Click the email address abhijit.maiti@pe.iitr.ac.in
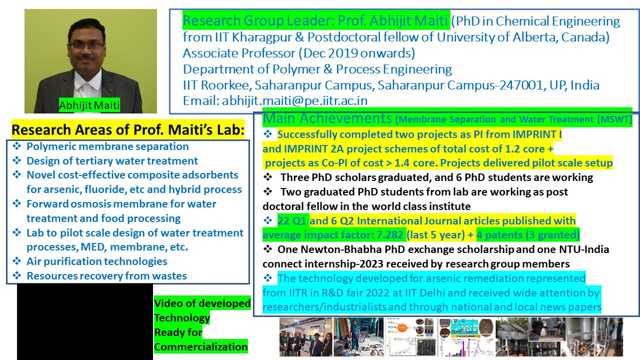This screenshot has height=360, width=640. coord(295,100)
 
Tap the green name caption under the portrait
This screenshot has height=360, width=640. coord(89,105)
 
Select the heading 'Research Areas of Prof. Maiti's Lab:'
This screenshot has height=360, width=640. coord(128,129)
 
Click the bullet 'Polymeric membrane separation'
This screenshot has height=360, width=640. coord(107,146)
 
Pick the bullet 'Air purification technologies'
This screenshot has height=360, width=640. coord(96,261)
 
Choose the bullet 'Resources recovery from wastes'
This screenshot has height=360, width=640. coord(106,275)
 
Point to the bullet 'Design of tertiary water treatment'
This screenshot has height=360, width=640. coord(112,161)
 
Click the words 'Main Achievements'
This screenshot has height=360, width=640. coord(327,118)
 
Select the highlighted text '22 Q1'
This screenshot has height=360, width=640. coord(292,220)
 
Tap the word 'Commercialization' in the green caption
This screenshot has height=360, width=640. coord(201,346)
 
